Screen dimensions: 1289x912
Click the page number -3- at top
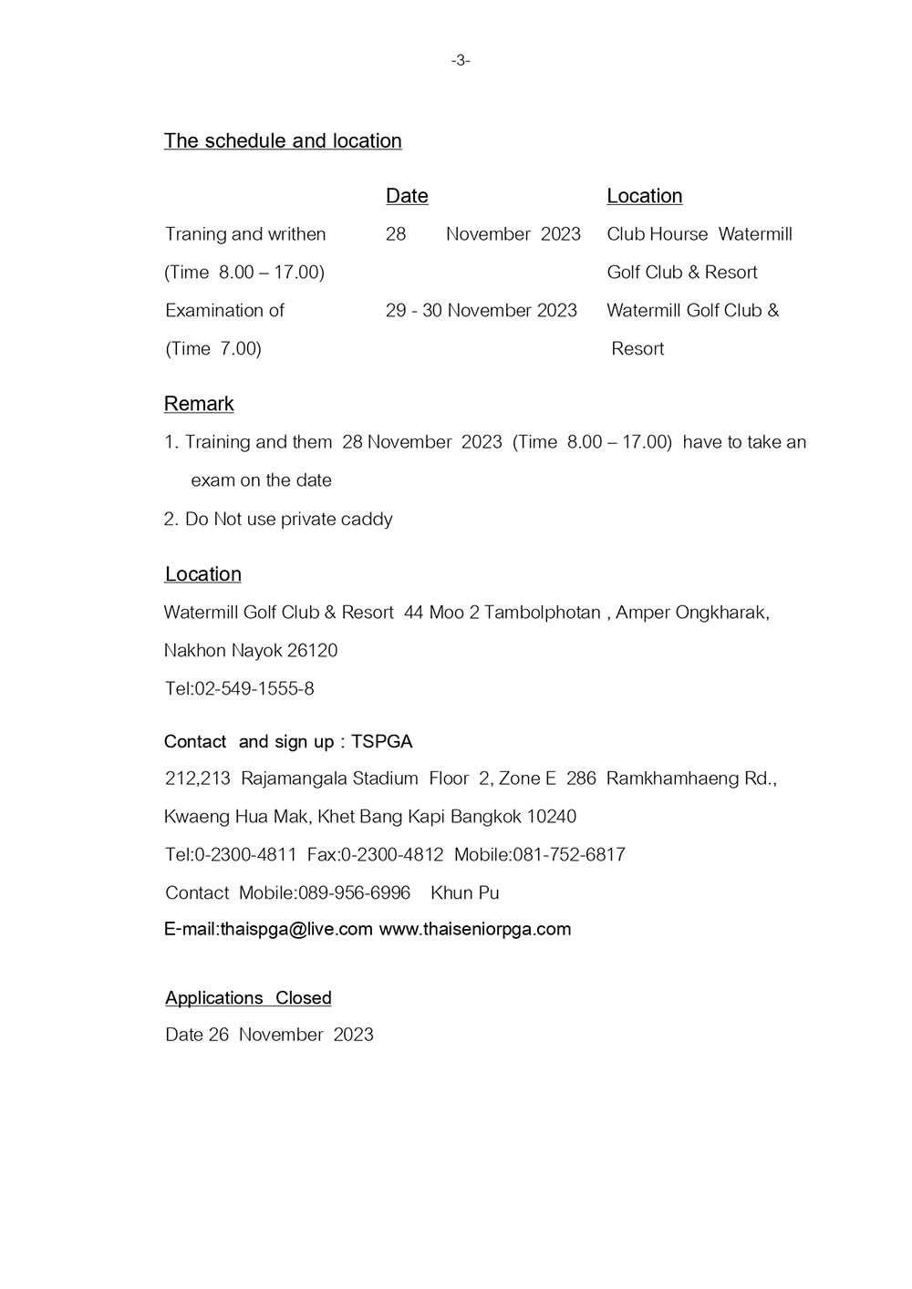[x=461, y=60]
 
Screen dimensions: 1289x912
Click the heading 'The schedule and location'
[x=283, y=140]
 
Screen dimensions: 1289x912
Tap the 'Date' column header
[x=407, y=196]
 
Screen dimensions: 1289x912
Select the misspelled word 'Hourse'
[x=682, y=234]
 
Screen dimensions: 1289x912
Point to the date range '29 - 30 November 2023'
[x=481, y=311]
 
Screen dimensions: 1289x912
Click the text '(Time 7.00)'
[x=213, y=349]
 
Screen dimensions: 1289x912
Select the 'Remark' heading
[x=199, y=404]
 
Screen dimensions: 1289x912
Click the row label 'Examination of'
[x=224, y=311]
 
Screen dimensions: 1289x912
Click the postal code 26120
[x=312, y=651]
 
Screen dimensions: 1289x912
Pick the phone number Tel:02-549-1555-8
[x=240, y=689]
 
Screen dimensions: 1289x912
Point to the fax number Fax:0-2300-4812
[x=375, y=855]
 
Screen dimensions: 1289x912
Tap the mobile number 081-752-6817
[x=569, y=855]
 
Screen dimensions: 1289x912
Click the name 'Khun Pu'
[x=464, y=893]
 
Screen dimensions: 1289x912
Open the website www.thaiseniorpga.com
[x=474, y=930]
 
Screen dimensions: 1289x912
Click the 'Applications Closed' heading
[x=248, y=998]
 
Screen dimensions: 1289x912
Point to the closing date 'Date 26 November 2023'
[x=269, y=1035]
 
